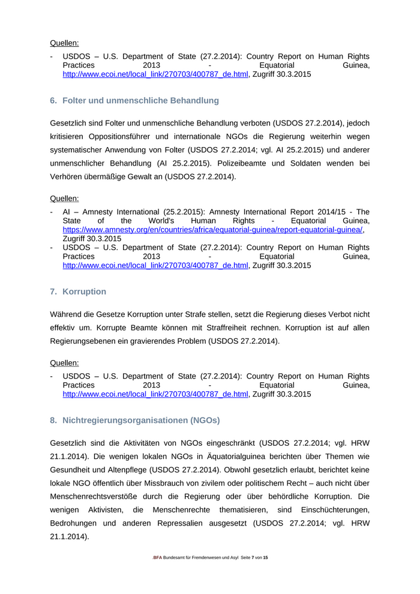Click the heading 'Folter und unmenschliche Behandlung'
click(140, 100)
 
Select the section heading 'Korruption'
click(84, 292)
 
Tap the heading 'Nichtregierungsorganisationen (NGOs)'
click(141, 420)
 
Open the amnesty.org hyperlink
click(213, 230)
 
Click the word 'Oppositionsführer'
click(122, 136)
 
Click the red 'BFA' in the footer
click(158, 558)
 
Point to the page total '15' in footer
click(265, 558)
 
